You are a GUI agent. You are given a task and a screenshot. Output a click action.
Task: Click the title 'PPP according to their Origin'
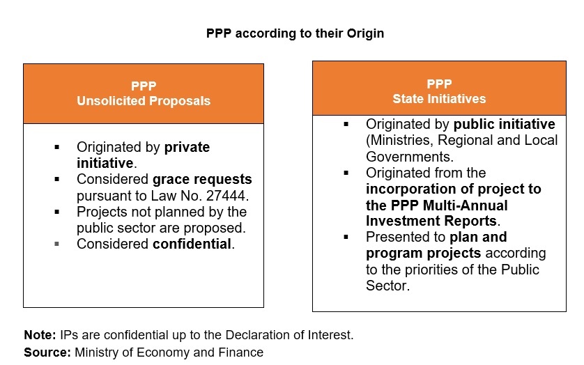295,33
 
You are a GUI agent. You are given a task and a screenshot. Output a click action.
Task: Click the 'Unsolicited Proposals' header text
144,101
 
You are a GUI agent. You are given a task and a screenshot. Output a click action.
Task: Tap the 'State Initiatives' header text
439,99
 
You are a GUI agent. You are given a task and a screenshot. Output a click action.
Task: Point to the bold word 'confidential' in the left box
192,244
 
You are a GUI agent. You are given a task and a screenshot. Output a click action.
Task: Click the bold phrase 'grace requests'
202,180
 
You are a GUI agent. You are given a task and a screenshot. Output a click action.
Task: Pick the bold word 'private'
187,148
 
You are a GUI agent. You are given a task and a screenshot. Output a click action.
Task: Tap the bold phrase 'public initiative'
505,124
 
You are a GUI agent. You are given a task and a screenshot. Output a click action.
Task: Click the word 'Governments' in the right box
408,157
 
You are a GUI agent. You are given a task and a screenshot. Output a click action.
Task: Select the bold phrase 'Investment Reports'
431,221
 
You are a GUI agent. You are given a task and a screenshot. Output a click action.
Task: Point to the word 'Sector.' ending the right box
387,286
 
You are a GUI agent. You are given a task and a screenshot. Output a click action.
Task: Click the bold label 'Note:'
40,335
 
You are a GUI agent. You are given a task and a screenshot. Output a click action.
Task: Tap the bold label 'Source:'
47,352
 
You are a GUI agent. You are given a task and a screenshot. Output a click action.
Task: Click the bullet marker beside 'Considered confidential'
56,244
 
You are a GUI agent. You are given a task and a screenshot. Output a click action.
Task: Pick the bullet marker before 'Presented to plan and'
346,237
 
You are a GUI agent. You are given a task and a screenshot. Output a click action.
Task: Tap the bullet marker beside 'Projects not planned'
56,212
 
